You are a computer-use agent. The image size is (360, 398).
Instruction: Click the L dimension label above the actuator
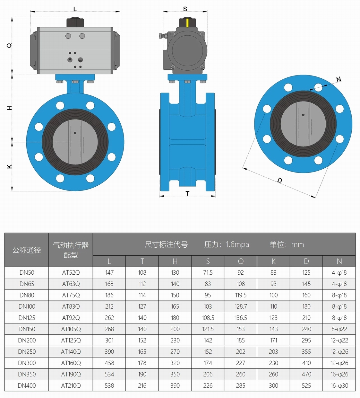(75, 9)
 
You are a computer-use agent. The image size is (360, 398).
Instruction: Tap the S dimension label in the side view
(185, 9)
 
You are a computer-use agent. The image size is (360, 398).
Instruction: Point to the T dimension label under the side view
(187, 193)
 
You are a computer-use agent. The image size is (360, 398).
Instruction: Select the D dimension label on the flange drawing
(279, 180)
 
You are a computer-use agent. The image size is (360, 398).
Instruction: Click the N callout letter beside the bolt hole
(339, 79)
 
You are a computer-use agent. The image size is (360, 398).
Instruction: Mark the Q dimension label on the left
(9, 45)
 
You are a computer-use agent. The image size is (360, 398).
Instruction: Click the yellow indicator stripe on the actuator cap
(187, 22)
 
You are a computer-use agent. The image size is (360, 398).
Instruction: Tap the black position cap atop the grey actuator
(75, 22)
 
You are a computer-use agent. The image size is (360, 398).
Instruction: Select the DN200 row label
(27, 340)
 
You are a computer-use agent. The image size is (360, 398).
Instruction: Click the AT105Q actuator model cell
(71, 329)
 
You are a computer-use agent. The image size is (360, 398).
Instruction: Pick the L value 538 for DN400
(109, 385)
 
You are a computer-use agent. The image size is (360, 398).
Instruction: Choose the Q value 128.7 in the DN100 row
(241, 306)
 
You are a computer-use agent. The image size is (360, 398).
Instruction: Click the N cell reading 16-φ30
(339, 385)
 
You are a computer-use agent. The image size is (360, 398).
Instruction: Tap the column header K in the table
(273, 261)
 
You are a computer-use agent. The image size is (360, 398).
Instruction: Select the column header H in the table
(175, 261)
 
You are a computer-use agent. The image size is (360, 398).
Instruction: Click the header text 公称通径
(27, 250)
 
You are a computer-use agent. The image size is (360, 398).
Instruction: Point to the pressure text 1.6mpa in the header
(237, 244)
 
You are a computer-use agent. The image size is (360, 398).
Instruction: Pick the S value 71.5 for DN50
(208, 272)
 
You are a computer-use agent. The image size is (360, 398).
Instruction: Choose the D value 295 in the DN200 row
(306, 340)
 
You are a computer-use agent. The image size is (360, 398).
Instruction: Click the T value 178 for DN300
(142, 363)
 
